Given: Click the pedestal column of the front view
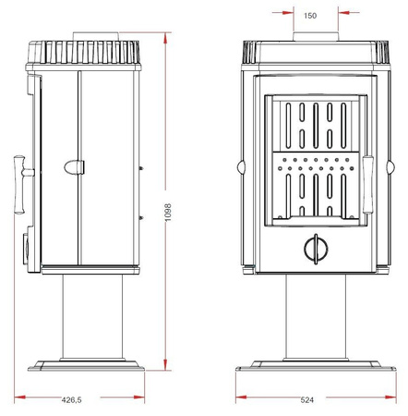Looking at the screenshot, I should tap(315, 314).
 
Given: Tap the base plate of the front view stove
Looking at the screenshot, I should tap(315, 364).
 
